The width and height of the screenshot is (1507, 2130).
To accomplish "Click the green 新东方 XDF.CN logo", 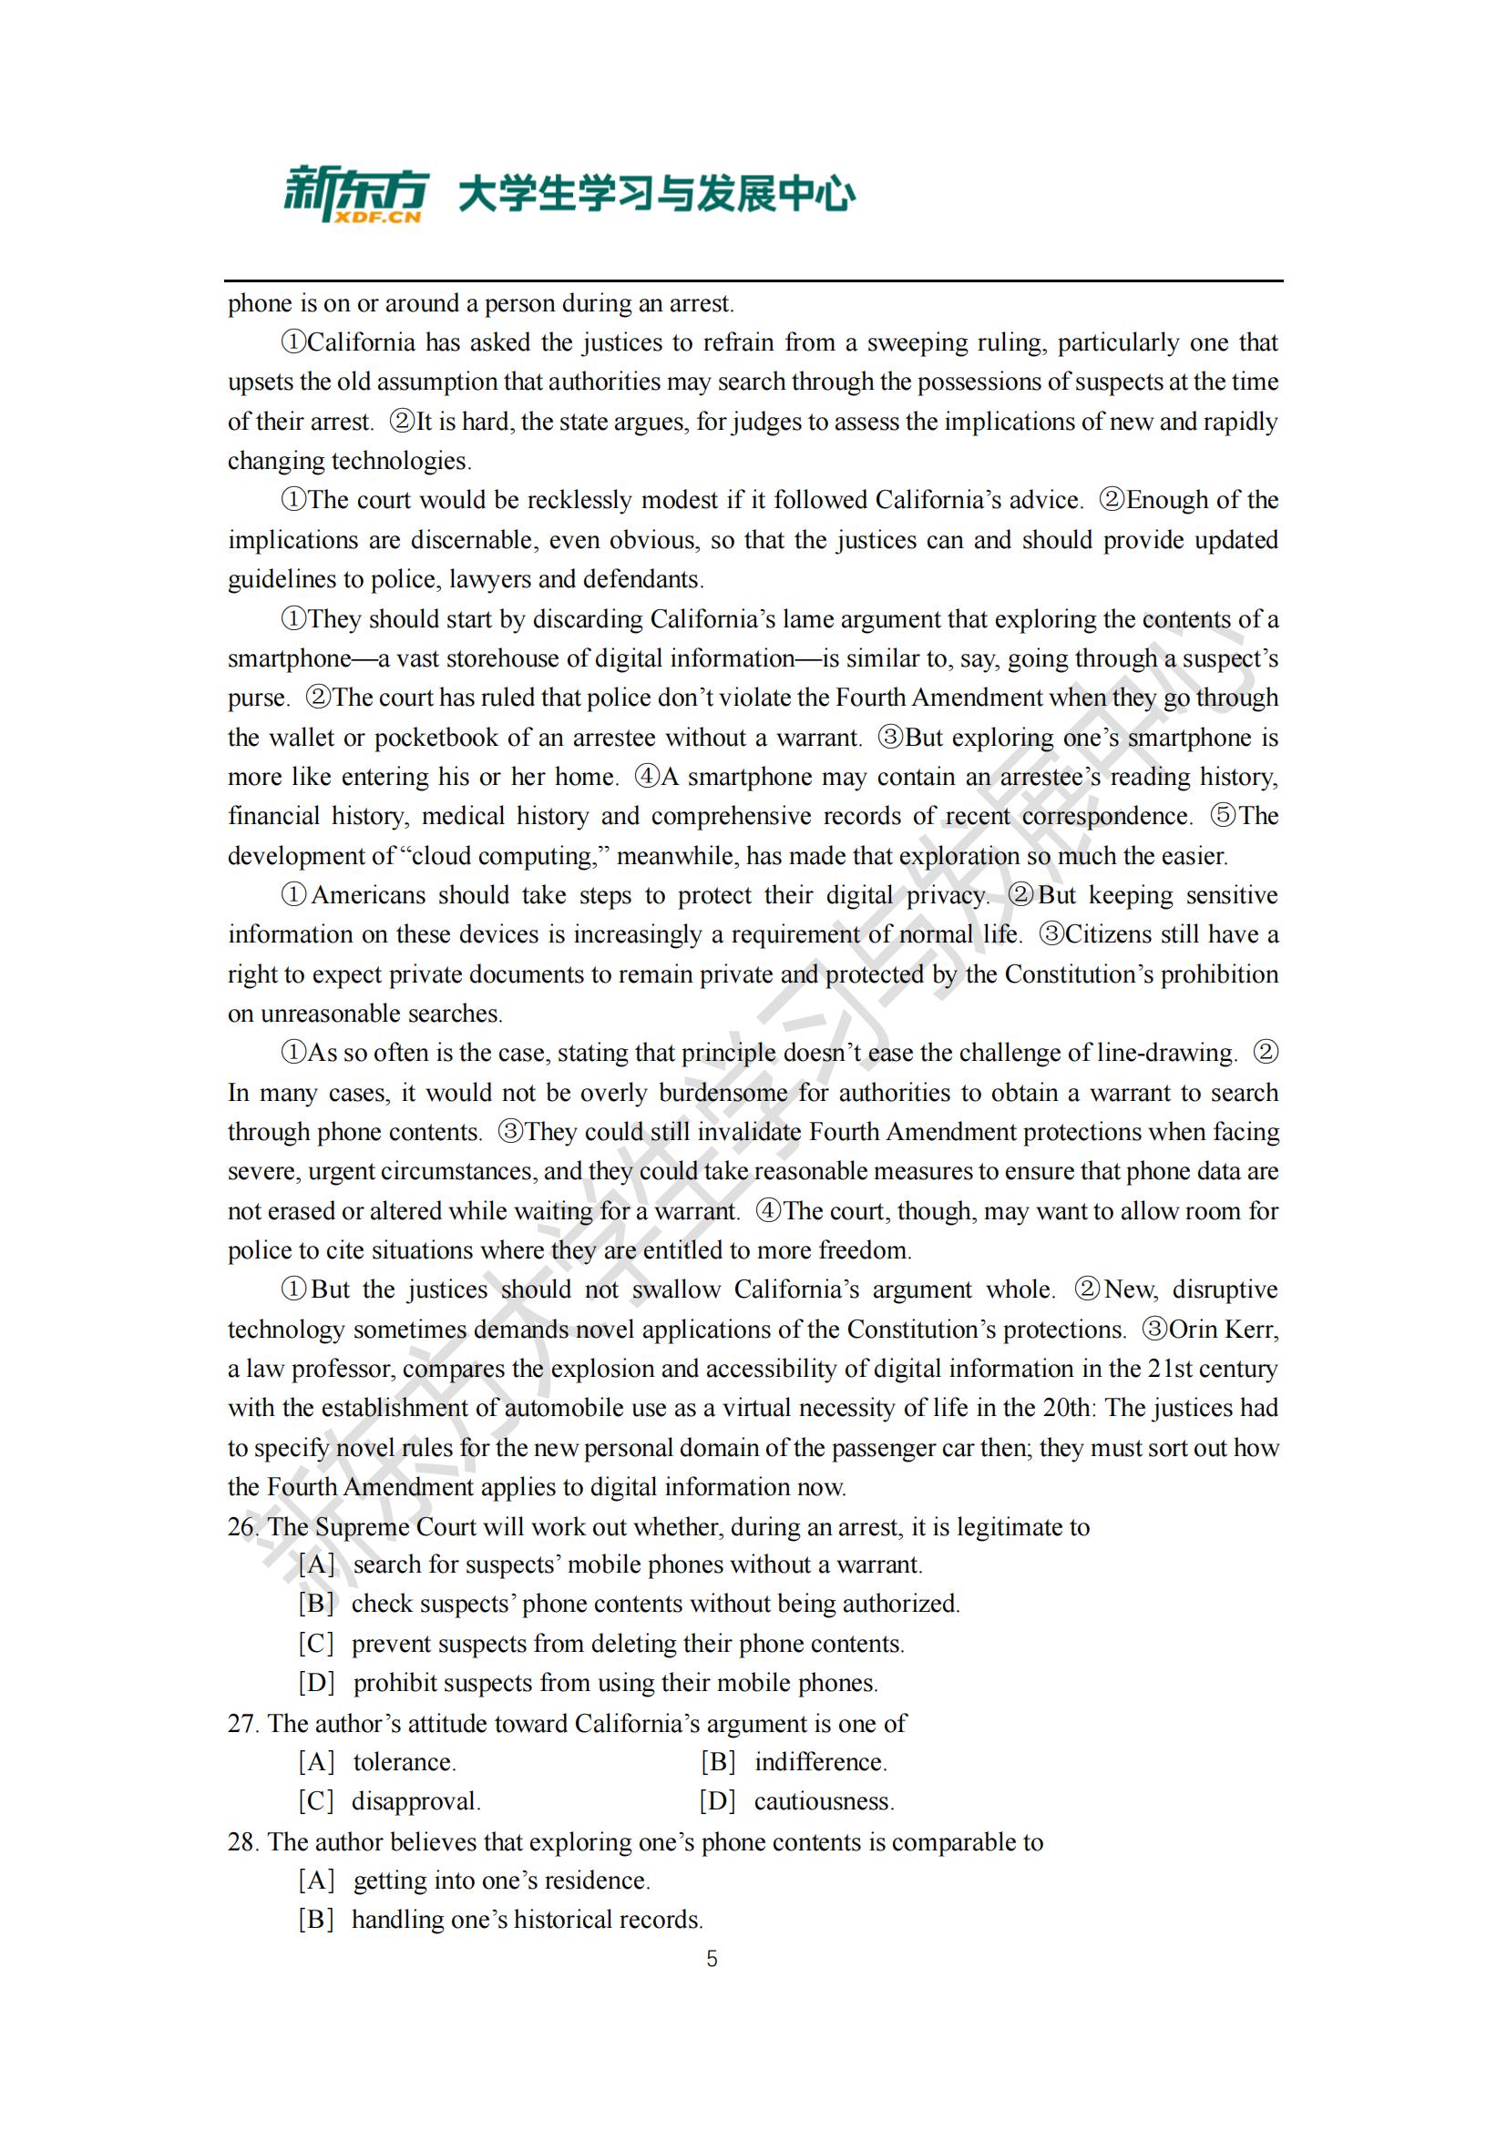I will tap(354, 194).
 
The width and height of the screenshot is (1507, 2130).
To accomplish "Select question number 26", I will tap(242, 1527).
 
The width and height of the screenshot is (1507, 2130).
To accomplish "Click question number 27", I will tap(242, 1724).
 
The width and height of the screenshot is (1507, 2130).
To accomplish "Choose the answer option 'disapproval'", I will tap(415, 1801).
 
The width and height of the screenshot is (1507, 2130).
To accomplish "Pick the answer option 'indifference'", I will tap(820, 1762).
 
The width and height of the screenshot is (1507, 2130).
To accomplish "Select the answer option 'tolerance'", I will tap(405, 1762).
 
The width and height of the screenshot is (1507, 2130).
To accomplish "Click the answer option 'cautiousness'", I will tap(824, 1801).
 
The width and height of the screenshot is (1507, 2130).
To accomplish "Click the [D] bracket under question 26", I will tap(316, 1683).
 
